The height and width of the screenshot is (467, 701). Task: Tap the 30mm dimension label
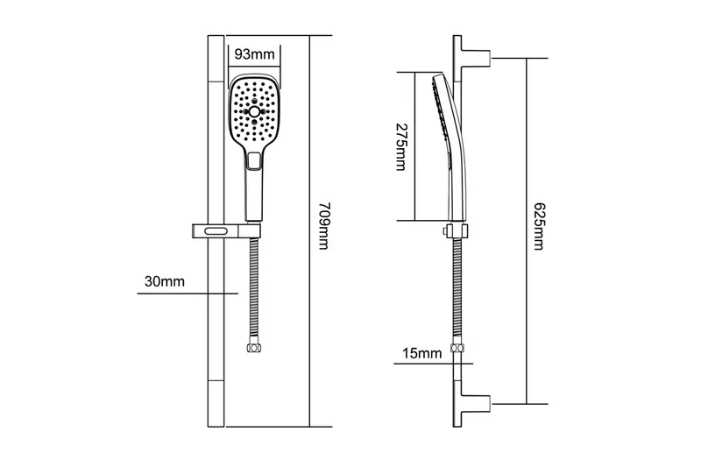click(164, 281)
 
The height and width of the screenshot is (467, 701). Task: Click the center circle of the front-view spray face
click(254, 114)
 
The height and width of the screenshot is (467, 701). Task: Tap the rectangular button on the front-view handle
click(255, 160)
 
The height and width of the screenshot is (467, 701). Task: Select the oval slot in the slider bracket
click(215, 231)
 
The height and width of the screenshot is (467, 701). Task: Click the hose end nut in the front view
click(254, 348)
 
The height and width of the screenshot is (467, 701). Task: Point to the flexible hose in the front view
click(254, 289)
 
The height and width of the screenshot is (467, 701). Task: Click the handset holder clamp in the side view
click(453, 231)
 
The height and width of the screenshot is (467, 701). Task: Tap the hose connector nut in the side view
click(455, 350)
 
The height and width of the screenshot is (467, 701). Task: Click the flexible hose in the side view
click(455, 289)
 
